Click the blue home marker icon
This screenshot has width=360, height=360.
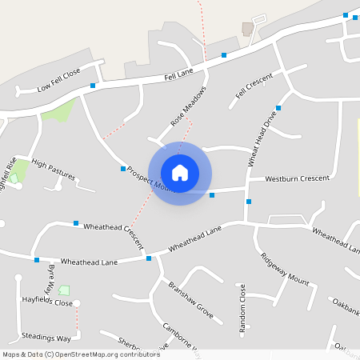click(180, 173)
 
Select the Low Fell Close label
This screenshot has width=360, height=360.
click(59, 80)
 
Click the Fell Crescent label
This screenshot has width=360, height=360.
click(254, 87)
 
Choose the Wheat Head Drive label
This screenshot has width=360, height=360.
click(262, 138)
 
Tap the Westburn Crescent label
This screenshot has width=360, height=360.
click(298, 178)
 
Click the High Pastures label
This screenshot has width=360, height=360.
click(54, 169)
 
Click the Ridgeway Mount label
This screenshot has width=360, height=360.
click(284, 270)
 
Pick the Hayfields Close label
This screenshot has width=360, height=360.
click(47, 302)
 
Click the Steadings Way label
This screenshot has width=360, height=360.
click(46, 338)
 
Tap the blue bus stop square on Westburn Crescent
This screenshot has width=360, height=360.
click(212, 195)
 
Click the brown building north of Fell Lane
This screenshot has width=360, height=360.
click(248, 29)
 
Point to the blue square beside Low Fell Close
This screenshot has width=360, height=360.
click(93, 86)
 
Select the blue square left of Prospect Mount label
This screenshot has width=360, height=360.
click(123, 169)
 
